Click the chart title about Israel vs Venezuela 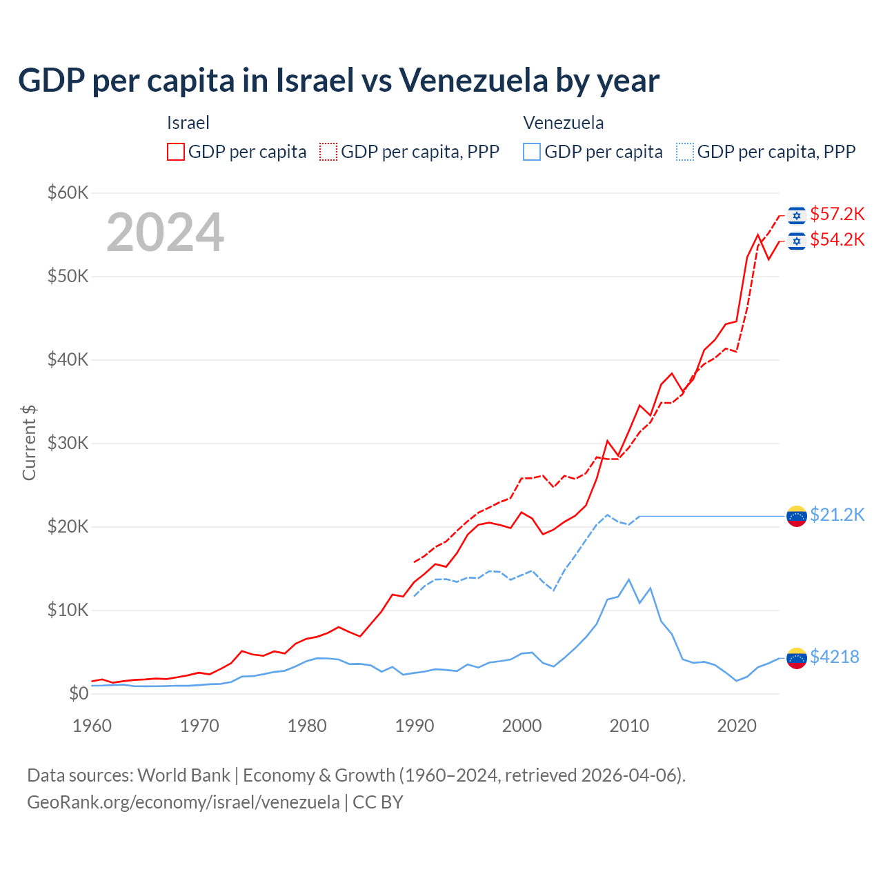pyautogui.click(x=339, y=81)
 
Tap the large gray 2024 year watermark pyautogui.click(x=165, y=232)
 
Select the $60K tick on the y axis pyautogui.click(x=68, y=192)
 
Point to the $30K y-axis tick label pyautogui.click(x=68, y=443)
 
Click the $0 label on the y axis pyautogui.click(x=78, y=693)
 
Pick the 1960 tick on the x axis pyautogui.click(x=92, y=726)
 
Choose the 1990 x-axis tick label pyautogui.click(x=414, y=726)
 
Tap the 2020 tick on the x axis pyautogui.click(x=737, y=726)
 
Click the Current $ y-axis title pyautogui.click(x=29, y=443)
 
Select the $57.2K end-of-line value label pyautogui.click(x=837, y=214)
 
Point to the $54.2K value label pyautogui.click(x=837, y=239)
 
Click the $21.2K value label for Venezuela pyautogui.click(x=837, y=515)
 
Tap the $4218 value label pyautogui.click(x=834, y=657)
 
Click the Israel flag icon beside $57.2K pyautogui.click(x=797, y=215)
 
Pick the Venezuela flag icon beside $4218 pyautogui.click(x=797, y=658)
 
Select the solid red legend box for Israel pyautogui.click(x=176, y=152)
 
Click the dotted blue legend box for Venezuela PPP pyautogui.click(x=684, y=152)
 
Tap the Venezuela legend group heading pyautogui.click(x=563, y=123)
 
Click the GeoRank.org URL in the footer pyautogui.click(x=183, y=802)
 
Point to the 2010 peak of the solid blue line pyautogui.click(x=628, y=579)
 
